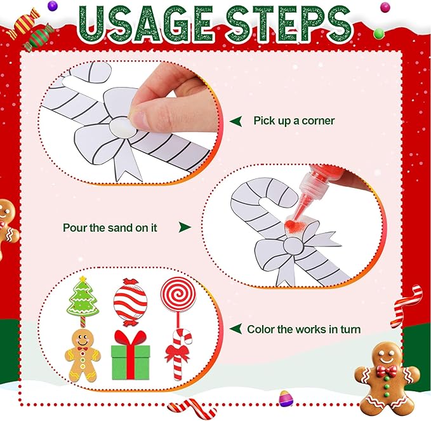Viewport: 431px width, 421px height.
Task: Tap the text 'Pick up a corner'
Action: (294, 121)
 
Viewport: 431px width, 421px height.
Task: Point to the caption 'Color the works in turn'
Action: (304, 329)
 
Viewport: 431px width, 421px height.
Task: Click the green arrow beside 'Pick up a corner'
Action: (235, 121)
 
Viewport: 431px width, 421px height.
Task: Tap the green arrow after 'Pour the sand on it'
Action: (185, 227)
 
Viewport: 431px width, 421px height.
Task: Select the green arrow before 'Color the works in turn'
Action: (235, 329)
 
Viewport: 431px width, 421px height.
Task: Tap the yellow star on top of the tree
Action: (81, 280)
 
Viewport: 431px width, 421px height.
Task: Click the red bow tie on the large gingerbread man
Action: (385, 371)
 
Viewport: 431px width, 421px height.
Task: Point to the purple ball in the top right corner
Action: (385, 8)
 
